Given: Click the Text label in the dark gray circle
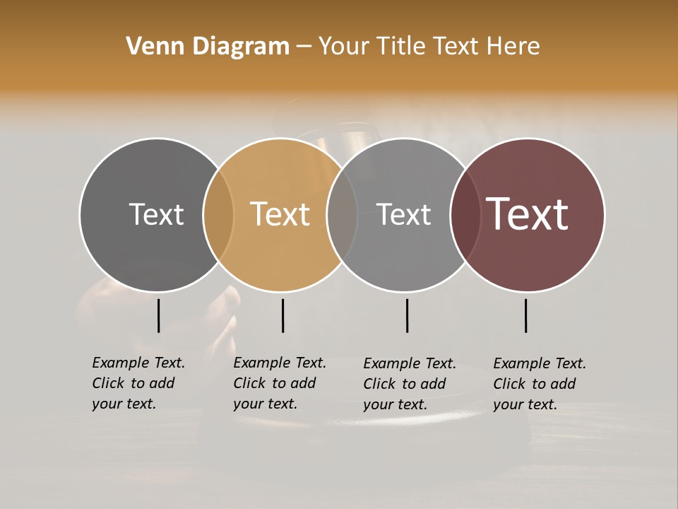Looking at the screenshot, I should click(x=156, y=214).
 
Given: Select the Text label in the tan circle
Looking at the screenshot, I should click(x=280, y=214).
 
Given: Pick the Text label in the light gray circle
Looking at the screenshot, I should click(x=403, y=214).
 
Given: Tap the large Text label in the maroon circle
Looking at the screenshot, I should click(x=528, y=214).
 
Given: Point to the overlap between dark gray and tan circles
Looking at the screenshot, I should click(x=218, y=215).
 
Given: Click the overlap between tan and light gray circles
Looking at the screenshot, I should click(x=342, y=215).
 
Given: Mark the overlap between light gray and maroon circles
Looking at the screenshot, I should click(x=465, y=215).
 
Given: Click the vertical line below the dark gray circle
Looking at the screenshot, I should click(x=158, y=315).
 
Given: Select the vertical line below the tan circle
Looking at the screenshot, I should click(x=282, y=315).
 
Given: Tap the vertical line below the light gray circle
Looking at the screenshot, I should click(x=407, y=315).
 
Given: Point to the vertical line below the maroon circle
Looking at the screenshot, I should click(x=525, y=315).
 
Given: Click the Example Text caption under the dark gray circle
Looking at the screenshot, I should click(x=138, y=383).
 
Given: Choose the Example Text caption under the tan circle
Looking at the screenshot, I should click(x=280, y=383).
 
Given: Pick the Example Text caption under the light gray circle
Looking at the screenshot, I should click(x=410, y=384).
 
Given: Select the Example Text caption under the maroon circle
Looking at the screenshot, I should click(x=540, y=384).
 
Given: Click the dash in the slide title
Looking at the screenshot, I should click(x=304, y=47).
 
